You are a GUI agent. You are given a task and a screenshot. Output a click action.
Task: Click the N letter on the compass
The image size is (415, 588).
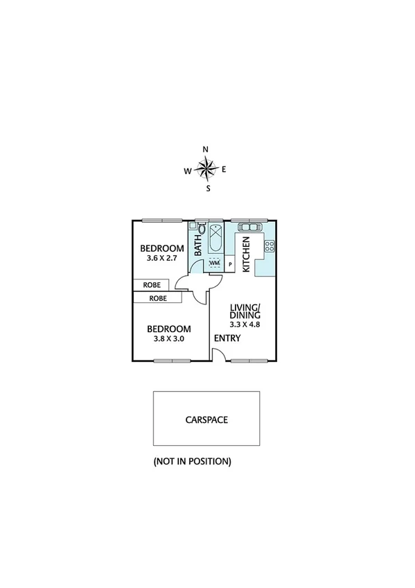click(x=205, y=149)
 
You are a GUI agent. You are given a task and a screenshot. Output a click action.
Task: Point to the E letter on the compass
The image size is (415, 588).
click(x=224, y=169)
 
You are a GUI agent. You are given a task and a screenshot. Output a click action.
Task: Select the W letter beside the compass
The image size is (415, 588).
click(x=188, y=171)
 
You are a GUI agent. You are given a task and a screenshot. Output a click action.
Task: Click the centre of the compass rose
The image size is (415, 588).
click(x=206, y=168)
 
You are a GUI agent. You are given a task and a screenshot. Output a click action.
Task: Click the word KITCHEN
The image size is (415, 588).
click(x=246, y=253)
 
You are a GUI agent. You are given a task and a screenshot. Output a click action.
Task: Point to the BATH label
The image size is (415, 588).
click(x=197, y=245)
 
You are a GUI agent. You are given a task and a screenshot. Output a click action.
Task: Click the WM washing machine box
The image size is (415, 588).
click(x=214, y=263)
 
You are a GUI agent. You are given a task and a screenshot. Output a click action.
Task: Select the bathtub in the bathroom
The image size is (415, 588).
click(x=215, y=239)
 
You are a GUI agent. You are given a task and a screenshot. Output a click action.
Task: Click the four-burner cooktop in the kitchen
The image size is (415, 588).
click(x=270, y=246)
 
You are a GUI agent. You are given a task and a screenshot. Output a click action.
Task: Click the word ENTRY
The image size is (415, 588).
click(x=227, y=338)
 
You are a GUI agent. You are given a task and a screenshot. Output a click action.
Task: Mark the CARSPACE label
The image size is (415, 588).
click(x=206, y=420)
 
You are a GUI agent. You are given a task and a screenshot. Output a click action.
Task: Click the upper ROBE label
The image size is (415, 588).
click(x=152, y=285)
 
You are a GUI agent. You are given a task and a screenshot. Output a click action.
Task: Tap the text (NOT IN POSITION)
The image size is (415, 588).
click(x=192, y=461)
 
